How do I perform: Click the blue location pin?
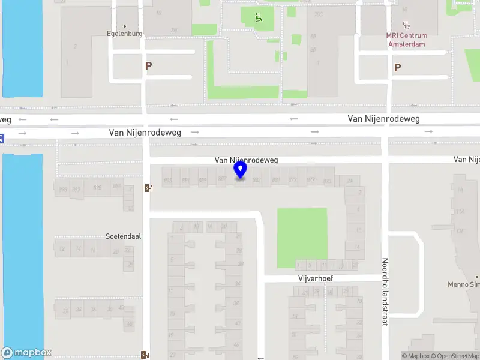tap(241, 170)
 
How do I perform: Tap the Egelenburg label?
tap(125, 34)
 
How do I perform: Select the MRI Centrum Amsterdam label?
tap(406, 40)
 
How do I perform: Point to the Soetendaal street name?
tap(123, 236)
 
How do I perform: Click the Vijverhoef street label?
tap(316, 279)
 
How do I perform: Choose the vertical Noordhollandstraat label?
tap(385, 292)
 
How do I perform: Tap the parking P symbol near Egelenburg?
tap(148, 66)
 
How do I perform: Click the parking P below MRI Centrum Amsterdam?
tap(397, 68)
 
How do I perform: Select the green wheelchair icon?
tap(259, 17)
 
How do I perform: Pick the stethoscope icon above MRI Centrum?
tap(407, 25)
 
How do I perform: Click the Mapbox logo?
tap(26, 353)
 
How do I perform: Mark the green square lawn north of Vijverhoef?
tap(302, 238)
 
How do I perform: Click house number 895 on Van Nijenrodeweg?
tap(168, 180)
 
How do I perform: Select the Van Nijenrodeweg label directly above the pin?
tap(247, 160)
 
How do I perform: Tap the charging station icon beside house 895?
tap(148, 188)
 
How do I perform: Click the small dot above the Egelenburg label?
tap(125, 26)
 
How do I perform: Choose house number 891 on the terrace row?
tap(186, 180)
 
